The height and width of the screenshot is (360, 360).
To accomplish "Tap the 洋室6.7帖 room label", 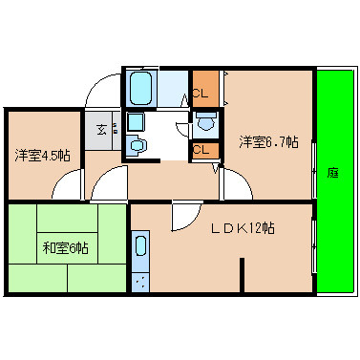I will click(x=268, y=143).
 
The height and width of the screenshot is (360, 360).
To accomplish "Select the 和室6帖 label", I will click(x=65, y=248).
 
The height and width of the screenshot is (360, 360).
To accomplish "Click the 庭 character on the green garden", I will click(x=332, y=173).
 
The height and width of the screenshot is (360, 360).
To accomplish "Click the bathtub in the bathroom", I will click(x=141, y=88).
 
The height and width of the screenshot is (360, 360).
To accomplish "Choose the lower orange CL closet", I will click(x=201, y=150).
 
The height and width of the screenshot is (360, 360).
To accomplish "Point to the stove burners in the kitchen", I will click(x=140, y=282).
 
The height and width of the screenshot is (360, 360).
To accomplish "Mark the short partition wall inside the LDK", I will click(x=242, y=277).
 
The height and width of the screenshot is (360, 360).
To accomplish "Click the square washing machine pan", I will click(x=135, y=121).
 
